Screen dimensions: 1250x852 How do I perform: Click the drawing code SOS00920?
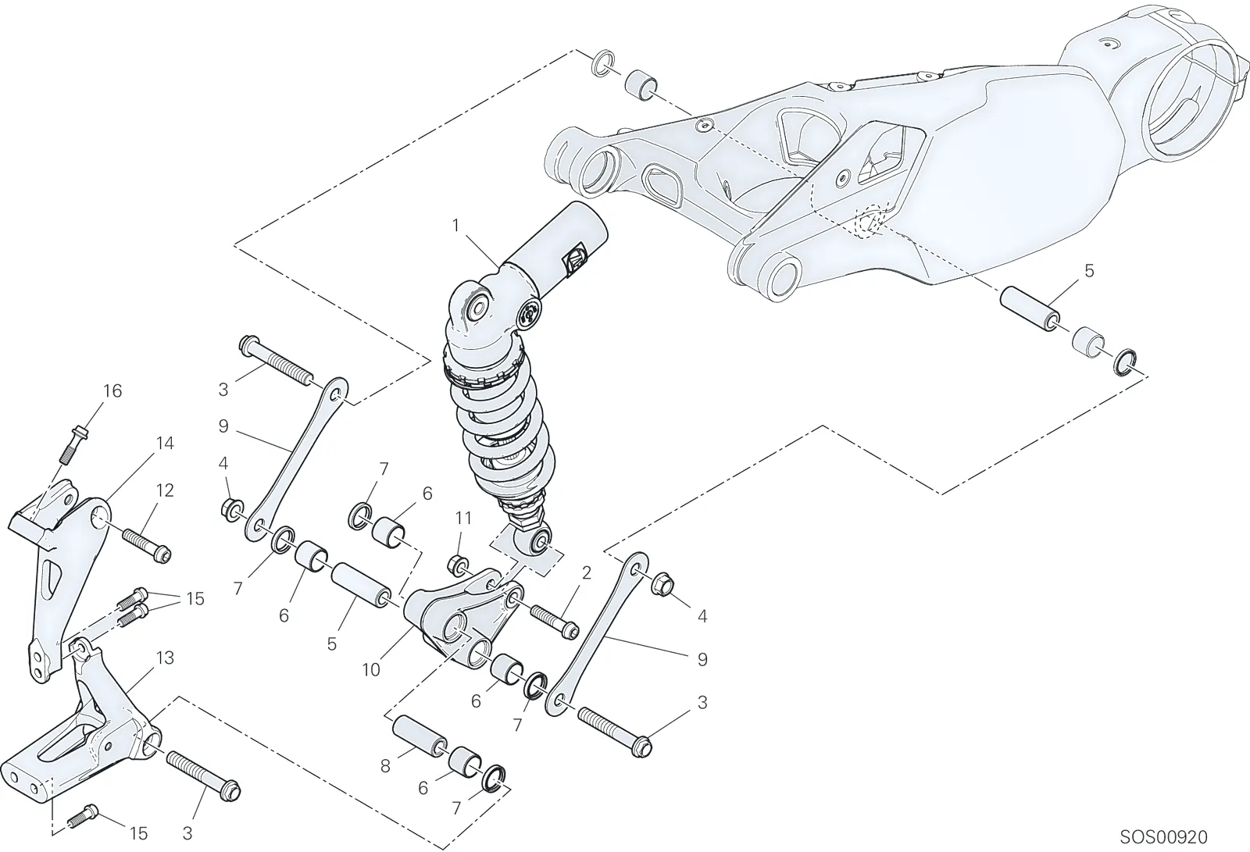coord(1163,837)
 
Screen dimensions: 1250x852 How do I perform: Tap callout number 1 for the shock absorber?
coord(456,226)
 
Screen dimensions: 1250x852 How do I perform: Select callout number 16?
coord(112,391)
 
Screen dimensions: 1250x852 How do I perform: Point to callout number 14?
coord(165,444)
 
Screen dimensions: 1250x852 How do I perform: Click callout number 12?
coord(165,490)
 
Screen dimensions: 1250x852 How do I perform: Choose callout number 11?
coord(463,519)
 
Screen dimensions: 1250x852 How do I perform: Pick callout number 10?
coord(371,669)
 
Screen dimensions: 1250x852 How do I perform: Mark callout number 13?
coord(165,658)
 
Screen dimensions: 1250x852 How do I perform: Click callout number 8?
coord(385,767)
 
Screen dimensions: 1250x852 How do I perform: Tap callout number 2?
coord(586,573)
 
